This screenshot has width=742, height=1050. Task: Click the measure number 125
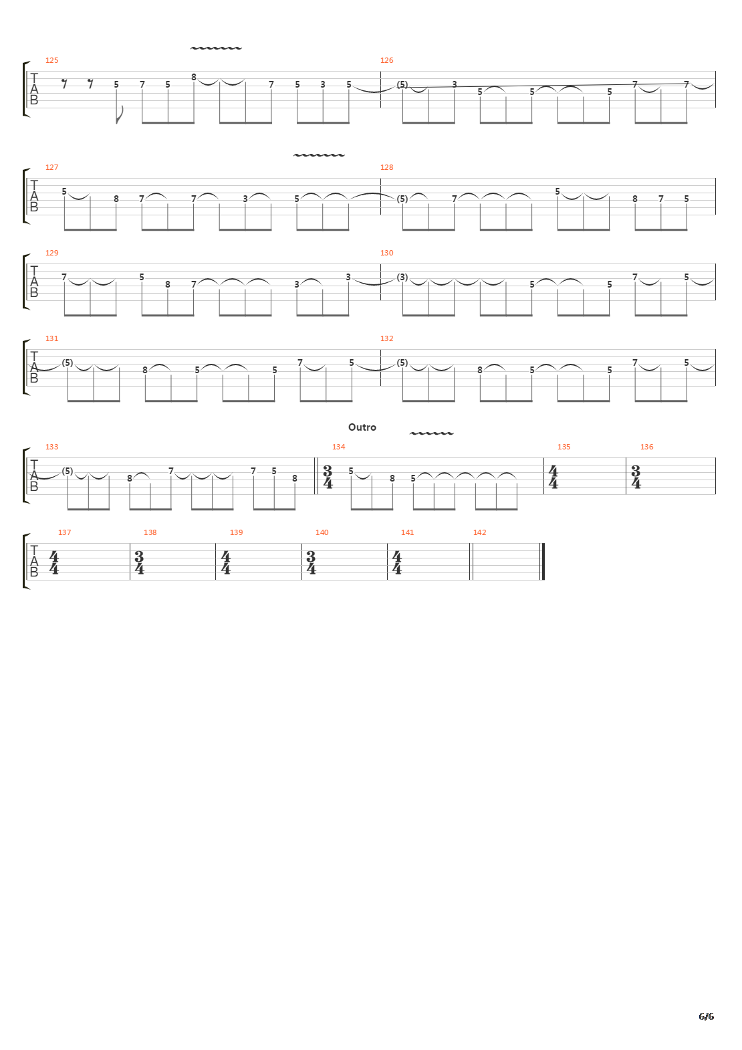(51, 60)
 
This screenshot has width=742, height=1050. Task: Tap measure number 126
(386, 60)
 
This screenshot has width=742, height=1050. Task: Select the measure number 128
(386, 167)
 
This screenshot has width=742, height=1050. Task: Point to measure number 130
(386, 253)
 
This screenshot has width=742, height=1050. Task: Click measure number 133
(51, 447)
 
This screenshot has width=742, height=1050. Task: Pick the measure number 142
(480, 532)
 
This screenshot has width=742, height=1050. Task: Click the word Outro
(362, 427)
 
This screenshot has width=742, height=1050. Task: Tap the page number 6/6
(706, 1017)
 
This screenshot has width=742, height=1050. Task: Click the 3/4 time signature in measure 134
(328, 477)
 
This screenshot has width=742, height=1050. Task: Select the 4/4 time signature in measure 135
(553, 477)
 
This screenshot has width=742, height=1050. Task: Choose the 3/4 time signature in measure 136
(636, 477)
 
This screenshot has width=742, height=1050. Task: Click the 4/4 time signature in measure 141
(397, 562)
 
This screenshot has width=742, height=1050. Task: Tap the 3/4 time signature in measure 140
(311, 562)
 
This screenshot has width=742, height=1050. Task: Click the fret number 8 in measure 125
(193, 77)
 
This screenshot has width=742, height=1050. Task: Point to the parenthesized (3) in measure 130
(402, 277)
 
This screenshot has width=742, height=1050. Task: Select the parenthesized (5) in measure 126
(402, 84)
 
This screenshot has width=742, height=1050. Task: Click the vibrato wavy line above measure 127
(319, 154)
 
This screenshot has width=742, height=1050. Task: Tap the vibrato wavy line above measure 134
(431, 433)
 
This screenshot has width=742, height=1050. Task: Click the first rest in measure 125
(65, 84)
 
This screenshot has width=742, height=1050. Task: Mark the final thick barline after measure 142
(543, 562)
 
